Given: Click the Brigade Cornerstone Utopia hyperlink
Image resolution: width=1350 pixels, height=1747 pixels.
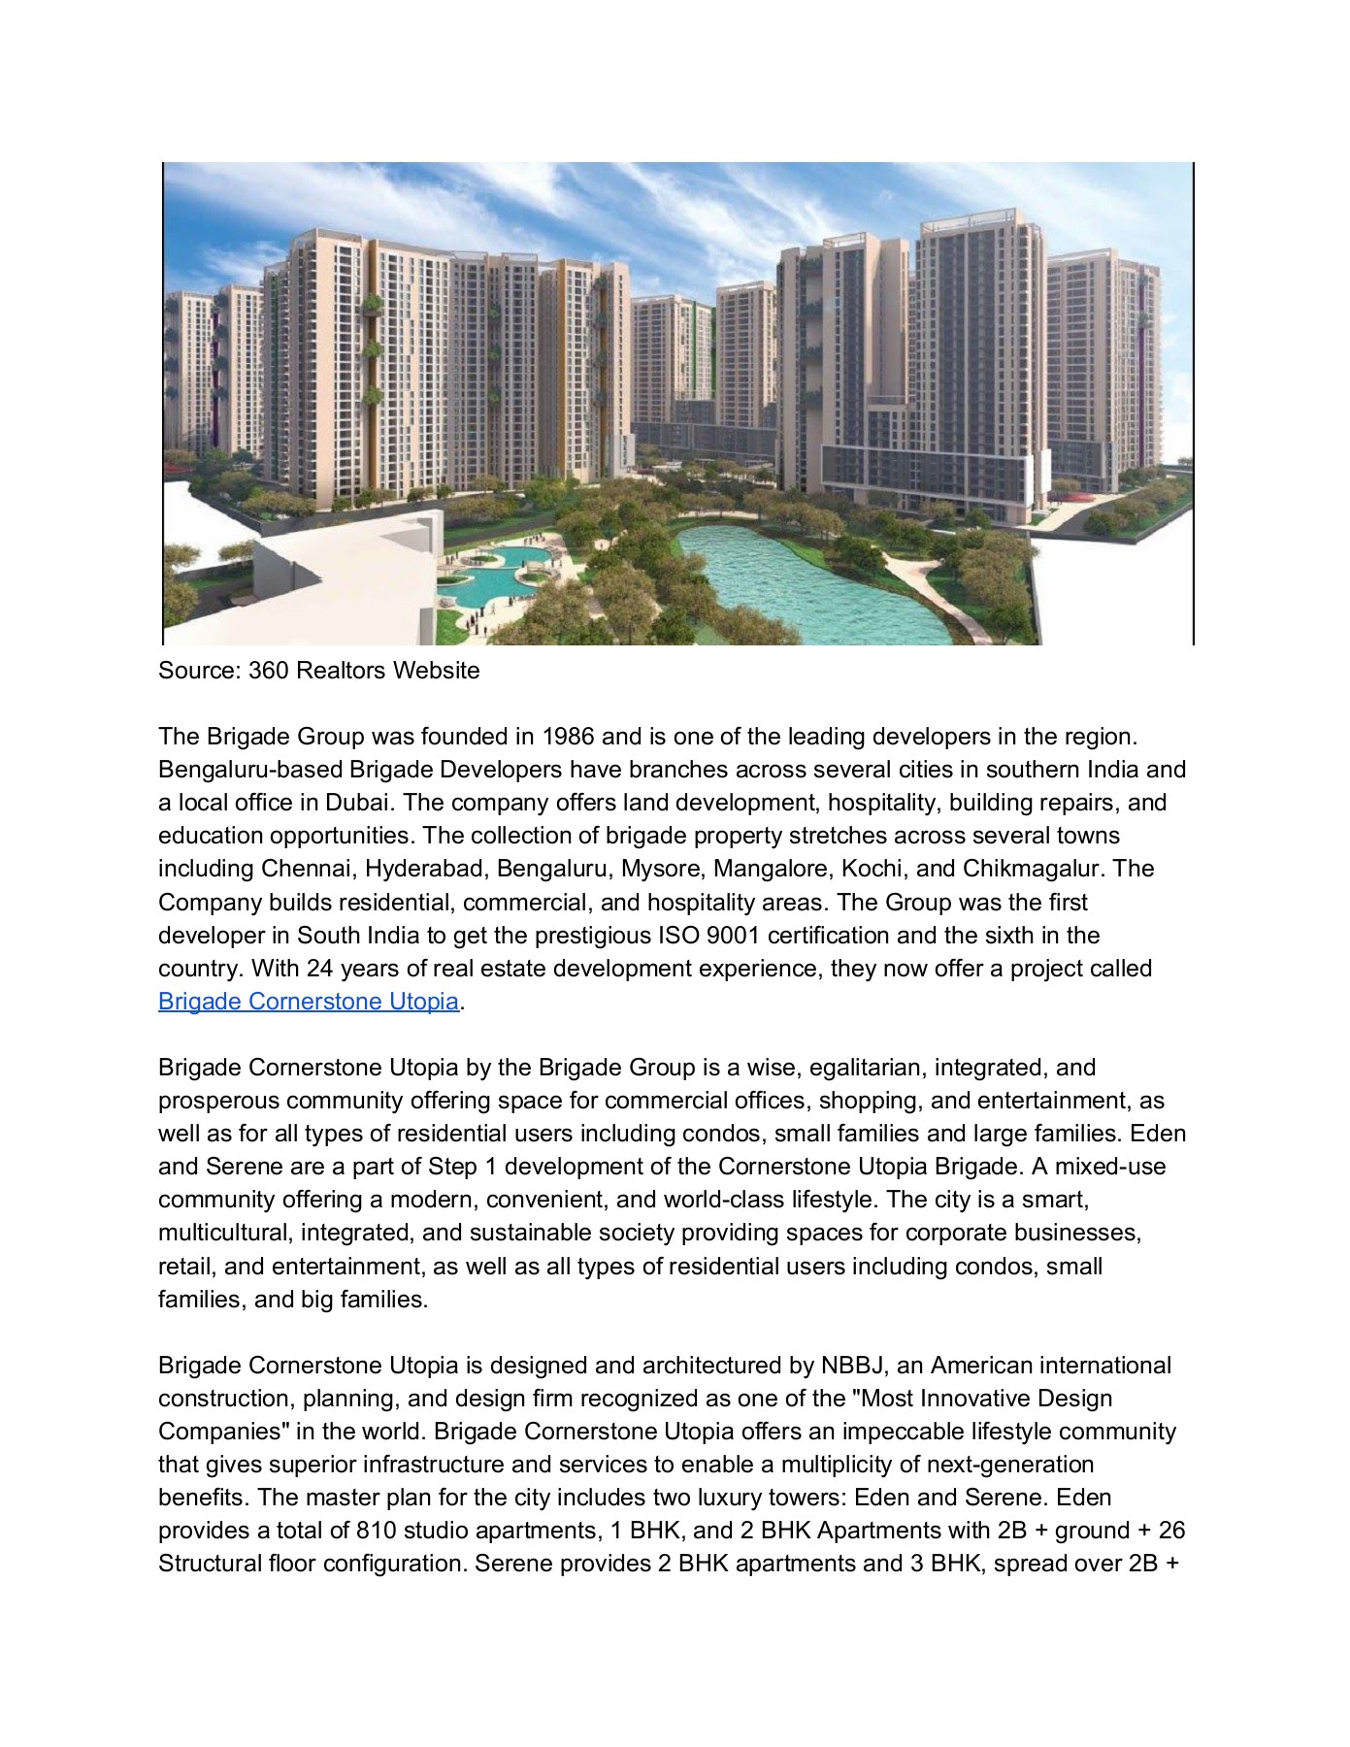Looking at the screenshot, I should [x=308, y=1002].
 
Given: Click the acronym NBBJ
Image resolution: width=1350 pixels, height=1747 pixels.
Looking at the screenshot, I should [x=852, y=1366].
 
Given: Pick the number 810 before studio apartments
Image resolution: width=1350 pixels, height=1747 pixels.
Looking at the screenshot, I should [x=376, y=1531].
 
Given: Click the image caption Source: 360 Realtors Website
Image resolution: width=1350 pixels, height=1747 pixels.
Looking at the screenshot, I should [x=318, y=671].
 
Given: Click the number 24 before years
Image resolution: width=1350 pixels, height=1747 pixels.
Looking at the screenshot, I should [x=319, y=969].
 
